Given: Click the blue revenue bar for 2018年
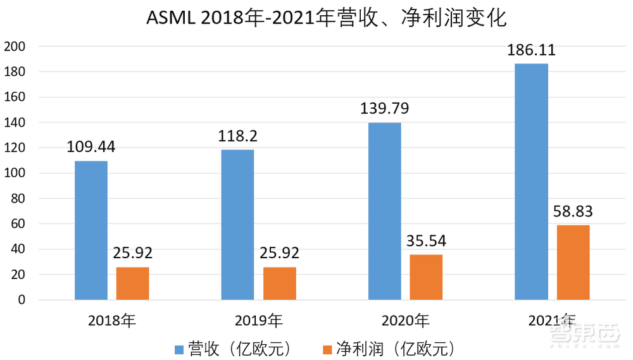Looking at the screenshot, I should (91, 230).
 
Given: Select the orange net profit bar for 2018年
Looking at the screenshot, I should (133, 283).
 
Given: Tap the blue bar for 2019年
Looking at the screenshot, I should (237, 225).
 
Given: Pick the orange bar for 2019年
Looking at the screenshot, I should (280, 283).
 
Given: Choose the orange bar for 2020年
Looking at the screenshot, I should (426, 277).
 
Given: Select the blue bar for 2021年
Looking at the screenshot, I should (531, 182).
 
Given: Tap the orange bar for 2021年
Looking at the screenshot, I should (573, 263).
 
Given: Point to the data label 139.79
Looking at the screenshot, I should (384, 109).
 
